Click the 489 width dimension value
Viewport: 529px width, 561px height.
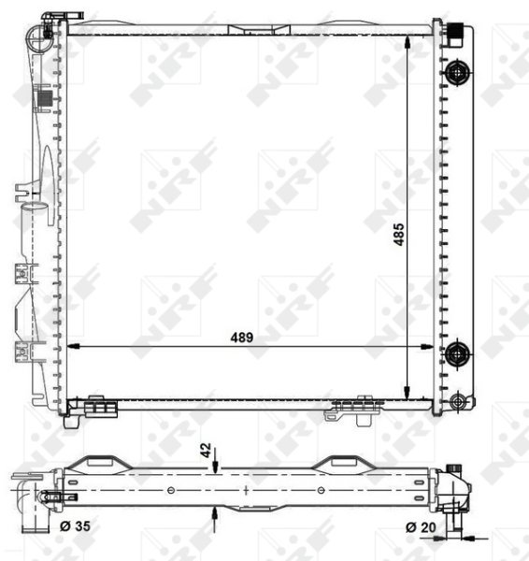242,338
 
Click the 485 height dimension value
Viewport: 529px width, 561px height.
399,235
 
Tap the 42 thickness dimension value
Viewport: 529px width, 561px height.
206,450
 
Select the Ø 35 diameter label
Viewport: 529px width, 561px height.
75,525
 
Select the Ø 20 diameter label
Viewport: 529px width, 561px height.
421,527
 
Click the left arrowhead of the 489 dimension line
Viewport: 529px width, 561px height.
73,346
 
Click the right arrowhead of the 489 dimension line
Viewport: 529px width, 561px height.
427,346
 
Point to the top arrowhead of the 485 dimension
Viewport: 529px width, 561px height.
407,41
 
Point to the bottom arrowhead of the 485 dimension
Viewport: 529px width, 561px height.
407,393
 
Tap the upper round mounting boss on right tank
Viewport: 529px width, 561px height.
457,73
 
